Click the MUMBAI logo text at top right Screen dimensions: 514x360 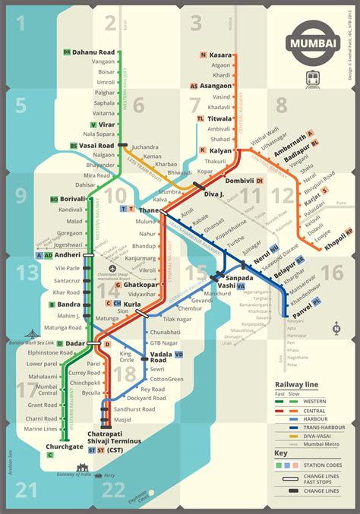click(x=313, y=44)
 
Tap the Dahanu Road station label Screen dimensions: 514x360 click(x=93, y=52)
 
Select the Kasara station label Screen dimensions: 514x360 click(x=221, y=55)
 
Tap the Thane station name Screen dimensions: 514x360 click(x=148, y=209)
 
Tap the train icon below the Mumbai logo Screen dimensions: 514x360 click(x=313, y=77)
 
